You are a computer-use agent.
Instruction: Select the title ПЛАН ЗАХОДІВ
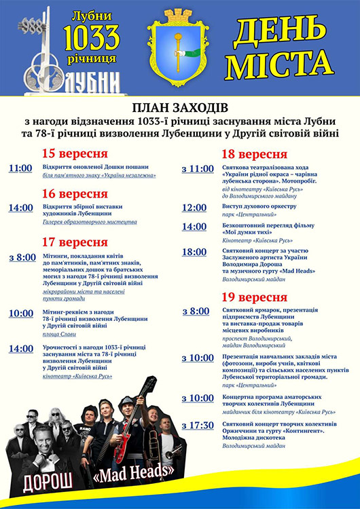tap(179, 109)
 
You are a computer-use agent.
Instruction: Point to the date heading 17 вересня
tap(74, 242)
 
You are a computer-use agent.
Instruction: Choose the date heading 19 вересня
tap(254, 297)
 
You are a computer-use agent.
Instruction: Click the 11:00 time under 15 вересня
tap(20, 168)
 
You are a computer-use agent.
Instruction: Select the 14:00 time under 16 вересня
tap(20, 208)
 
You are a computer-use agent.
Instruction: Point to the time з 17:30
tap(197, 426)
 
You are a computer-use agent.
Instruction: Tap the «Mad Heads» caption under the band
tap(139, 469)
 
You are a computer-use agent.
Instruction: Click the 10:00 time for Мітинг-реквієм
tap(20, 314)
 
